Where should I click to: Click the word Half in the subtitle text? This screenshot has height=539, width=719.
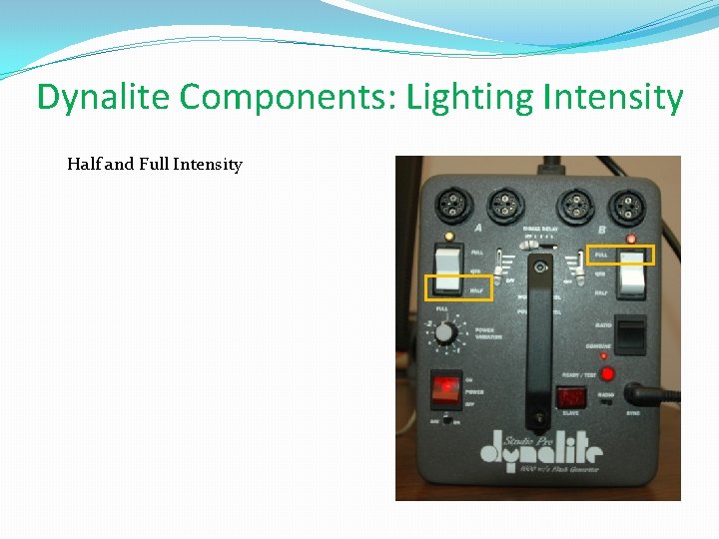(83, 164)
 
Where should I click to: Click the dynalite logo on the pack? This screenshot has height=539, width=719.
(539, 452)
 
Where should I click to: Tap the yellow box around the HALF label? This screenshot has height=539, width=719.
(459, 288)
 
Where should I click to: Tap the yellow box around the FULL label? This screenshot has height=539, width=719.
(619, 255)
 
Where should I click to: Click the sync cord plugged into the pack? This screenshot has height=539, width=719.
(664, 394)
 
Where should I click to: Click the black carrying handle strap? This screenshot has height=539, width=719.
(539, 339)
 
